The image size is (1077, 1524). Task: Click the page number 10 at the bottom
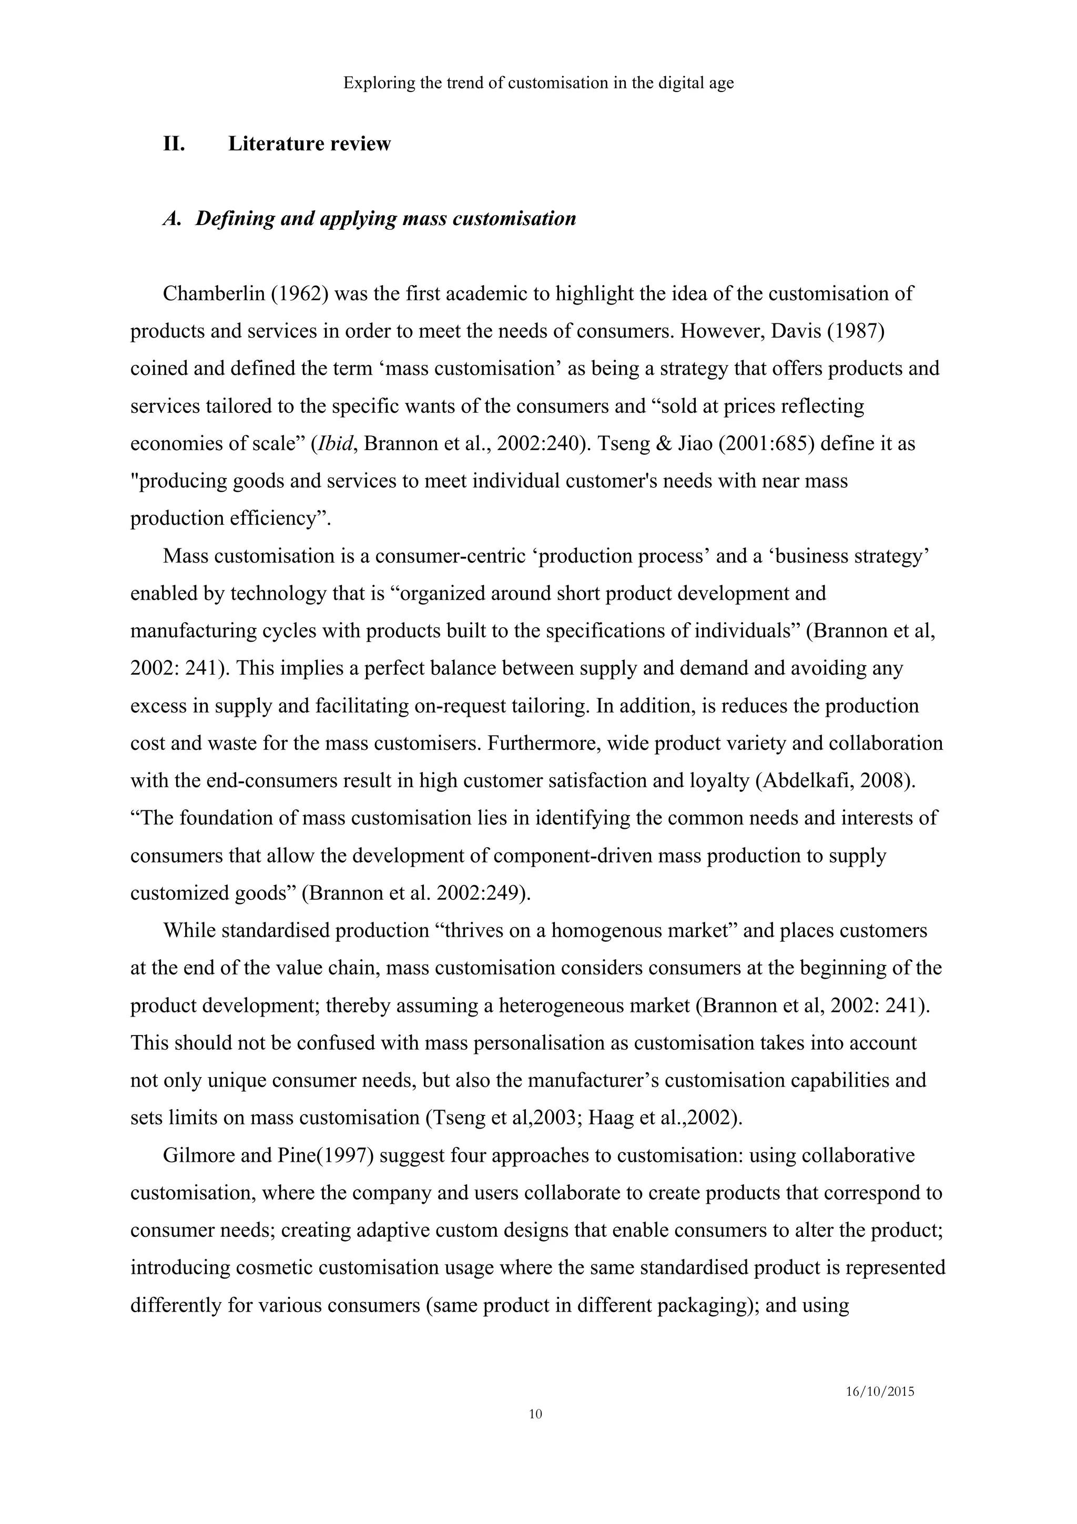(535, 1414)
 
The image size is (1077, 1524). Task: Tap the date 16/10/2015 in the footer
(880, 1392)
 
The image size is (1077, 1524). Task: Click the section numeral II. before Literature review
(174, 144)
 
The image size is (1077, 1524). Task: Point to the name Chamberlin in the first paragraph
(213, 294)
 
